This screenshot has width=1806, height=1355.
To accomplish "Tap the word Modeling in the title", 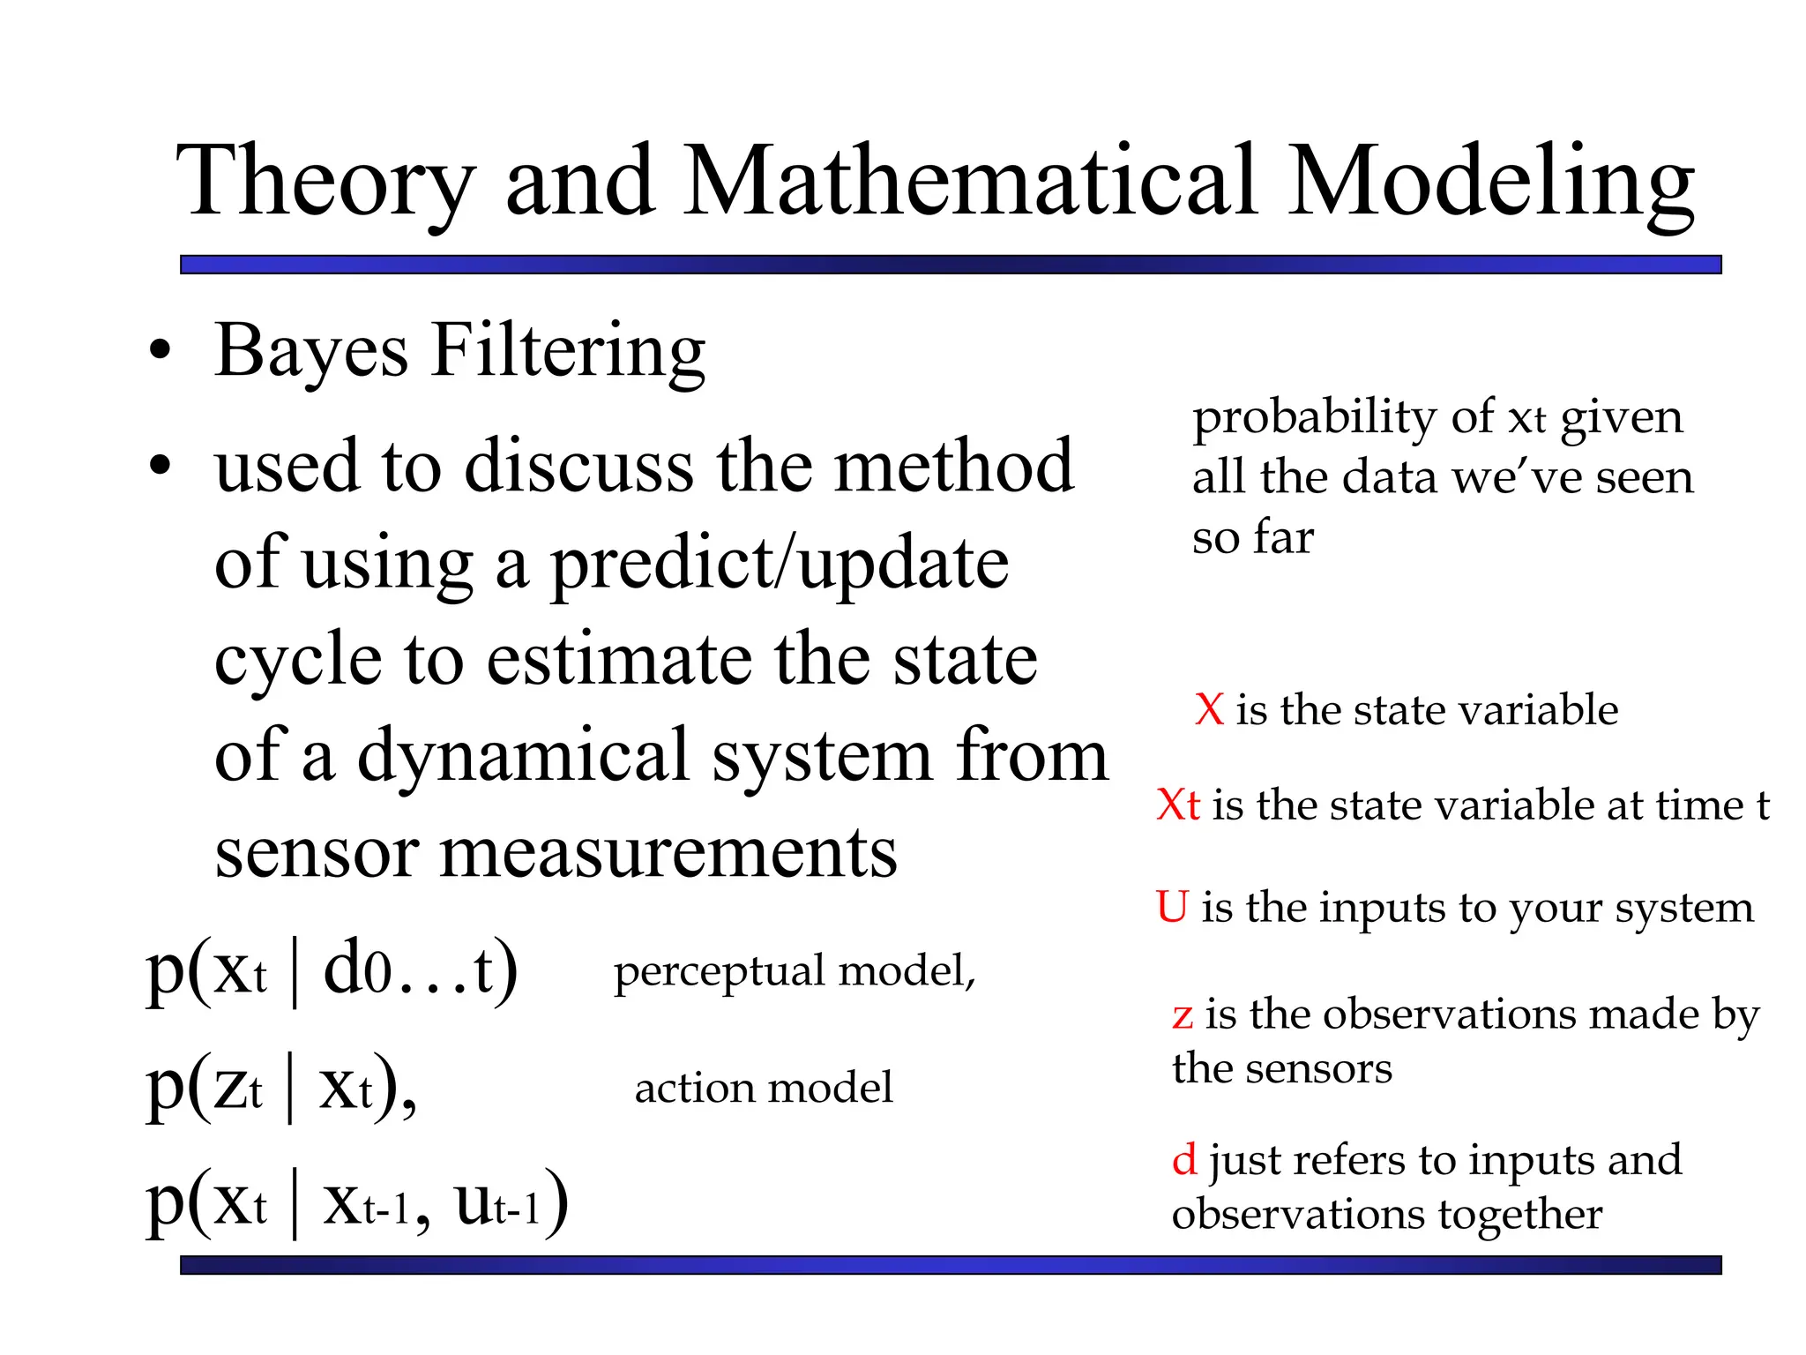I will click(x=1490, y=182).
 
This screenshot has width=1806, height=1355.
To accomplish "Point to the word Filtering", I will click(x=569, y=352).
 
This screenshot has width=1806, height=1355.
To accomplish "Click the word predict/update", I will click(x=780, y=565).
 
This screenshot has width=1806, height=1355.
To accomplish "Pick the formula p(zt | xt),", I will click(x=281, y=1087).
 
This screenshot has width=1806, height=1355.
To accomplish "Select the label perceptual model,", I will click(x=795, y=971).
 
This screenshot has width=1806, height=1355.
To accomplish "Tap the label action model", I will click(x=764, y=1088).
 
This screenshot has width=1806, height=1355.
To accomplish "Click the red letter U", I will click(x=1172, y=907).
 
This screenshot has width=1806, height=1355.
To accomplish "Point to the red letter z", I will click(x=1183, y=1015).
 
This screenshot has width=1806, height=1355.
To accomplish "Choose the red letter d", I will click(x=1184, y=1159).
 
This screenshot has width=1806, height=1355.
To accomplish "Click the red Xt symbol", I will click(x=1178, y=805).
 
